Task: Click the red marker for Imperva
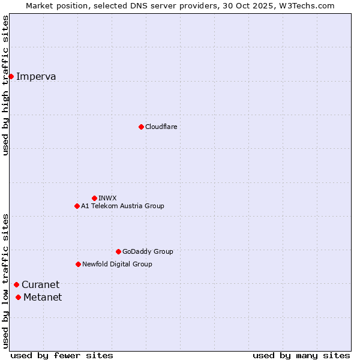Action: tap(11, 76)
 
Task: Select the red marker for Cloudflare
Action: tap(141, 127)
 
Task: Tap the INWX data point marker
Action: tap(94, 198)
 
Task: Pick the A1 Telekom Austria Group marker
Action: tap(77, 206)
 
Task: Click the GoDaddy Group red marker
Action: tap(118, 251)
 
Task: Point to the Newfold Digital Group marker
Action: tap(78, 264)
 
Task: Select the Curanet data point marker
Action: tap(16, 284)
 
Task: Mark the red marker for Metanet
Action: tap(18, 297)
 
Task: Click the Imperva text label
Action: tap(36, 76)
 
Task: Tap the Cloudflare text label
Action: tap(161, 127)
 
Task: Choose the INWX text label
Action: tap(107, 198)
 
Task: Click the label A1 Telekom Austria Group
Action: tap(122, 206)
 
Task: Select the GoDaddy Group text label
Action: tap(148, 251)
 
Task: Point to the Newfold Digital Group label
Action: tap(117, 264)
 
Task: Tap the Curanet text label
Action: tap(41, 284)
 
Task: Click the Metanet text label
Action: tap(43, 297)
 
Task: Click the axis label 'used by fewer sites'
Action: tap(62, 355)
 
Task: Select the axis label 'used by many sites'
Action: tap(301, 355)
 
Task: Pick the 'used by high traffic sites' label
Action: tap(6, 85)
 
